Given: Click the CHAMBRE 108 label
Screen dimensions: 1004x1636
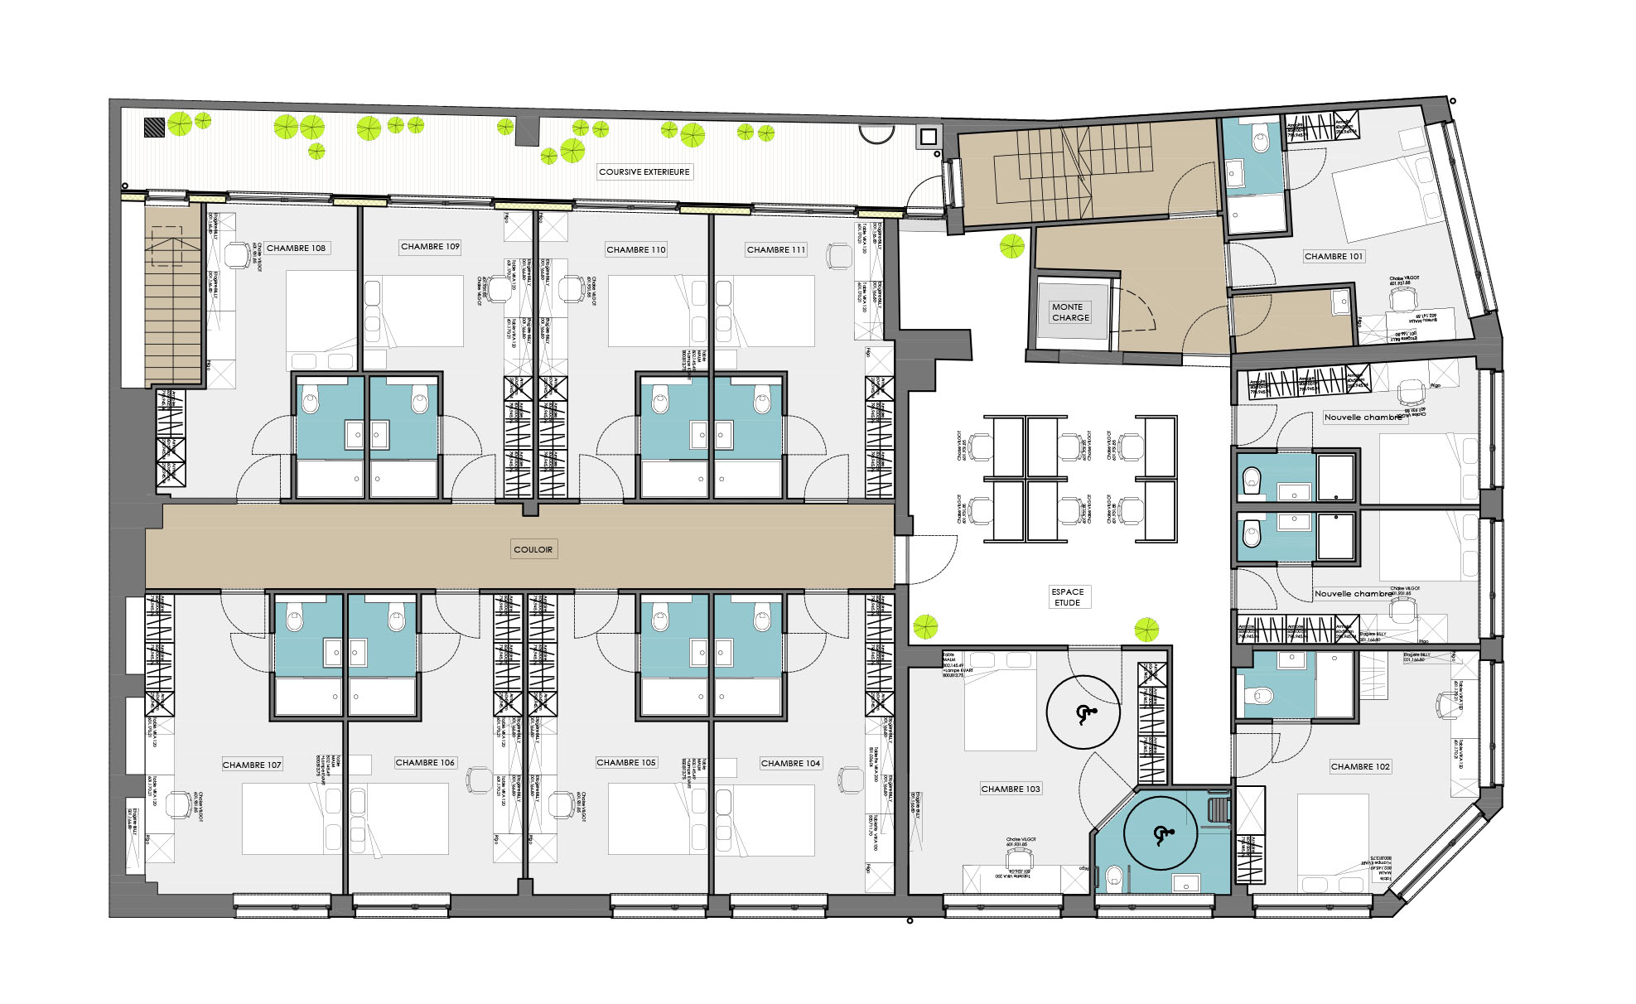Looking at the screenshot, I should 296,249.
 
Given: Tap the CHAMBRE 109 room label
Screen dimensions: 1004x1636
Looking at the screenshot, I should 430,247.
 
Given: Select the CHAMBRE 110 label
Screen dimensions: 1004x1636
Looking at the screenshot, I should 635,249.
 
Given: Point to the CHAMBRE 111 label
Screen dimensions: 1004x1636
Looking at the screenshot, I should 775,249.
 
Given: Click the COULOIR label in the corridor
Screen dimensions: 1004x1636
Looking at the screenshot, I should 533,549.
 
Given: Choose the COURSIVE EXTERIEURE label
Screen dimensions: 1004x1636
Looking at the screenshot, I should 644,172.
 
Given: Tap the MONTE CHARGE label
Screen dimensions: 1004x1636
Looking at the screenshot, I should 1070,312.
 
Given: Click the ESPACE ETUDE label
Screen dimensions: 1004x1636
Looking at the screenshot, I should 1067,597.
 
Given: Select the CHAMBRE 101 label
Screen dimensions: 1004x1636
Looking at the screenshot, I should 1333,257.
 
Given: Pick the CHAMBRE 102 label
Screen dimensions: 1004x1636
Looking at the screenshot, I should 1359,767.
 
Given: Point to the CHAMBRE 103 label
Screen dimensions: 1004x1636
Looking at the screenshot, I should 1010,789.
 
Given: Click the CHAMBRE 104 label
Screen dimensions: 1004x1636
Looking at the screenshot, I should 790,764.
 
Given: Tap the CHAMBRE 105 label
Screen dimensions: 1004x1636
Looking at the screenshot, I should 625,763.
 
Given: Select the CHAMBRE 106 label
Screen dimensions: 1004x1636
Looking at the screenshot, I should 425,763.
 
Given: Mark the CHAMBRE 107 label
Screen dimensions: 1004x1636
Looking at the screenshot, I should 252,765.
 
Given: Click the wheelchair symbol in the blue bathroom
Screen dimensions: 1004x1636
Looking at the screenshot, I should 1160,835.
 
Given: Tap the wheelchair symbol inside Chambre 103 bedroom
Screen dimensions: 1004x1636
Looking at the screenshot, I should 1083,713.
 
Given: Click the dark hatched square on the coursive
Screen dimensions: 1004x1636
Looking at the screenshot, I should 154,127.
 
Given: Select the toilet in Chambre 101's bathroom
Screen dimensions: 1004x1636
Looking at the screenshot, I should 1260,142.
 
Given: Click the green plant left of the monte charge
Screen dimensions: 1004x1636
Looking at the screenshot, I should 1011,246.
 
